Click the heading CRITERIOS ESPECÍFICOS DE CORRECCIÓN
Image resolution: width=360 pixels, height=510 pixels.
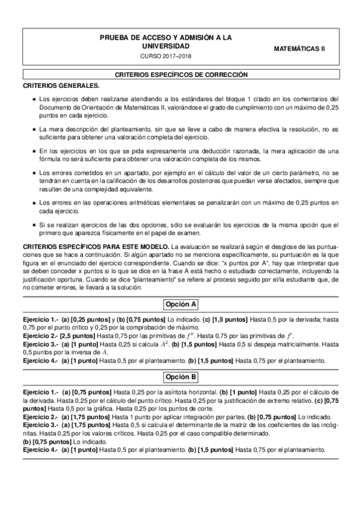[180, 75]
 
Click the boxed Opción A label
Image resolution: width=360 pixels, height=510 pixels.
[180, 303]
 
